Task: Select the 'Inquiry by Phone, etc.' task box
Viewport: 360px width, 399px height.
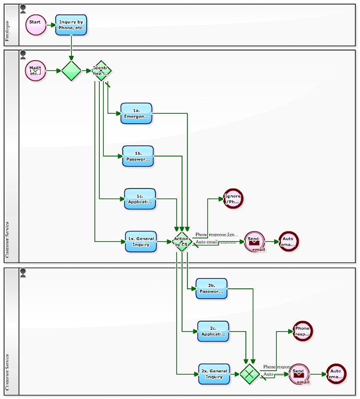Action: point(71,25)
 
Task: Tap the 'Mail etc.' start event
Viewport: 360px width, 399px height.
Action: point(35,70)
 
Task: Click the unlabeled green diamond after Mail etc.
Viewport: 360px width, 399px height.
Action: point(71,71)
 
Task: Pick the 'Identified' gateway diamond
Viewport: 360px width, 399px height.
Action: point(102,71)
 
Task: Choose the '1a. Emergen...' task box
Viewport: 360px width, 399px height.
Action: point(136,113)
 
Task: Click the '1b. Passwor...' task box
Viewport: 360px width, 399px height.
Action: point(138,156)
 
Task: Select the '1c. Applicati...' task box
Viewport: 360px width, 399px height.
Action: point(140,199)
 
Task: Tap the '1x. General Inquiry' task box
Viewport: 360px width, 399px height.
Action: point(141,241)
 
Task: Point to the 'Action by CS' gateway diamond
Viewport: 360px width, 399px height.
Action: point(182,241)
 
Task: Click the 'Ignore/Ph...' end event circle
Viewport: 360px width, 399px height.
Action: point(233,199)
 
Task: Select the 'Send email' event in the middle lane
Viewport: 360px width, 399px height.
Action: point(254,242)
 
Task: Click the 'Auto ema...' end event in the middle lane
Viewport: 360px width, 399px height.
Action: point(288,241)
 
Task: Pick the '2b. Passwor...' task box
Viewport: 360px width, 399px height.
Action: point(211,288)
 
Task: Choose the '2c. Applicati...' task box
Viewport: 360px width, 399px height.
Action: point(213,331)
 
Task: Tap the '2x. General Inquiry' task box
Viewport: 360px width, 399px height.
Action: point(214,374)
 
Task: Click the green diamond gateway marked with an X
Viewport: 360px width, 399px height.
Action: point(249,374)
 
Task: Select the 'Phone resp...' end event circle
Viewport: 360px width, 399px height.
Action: point(302,331)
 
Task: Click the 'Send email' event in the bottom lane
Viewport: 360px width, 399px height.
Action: point(299,374)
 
